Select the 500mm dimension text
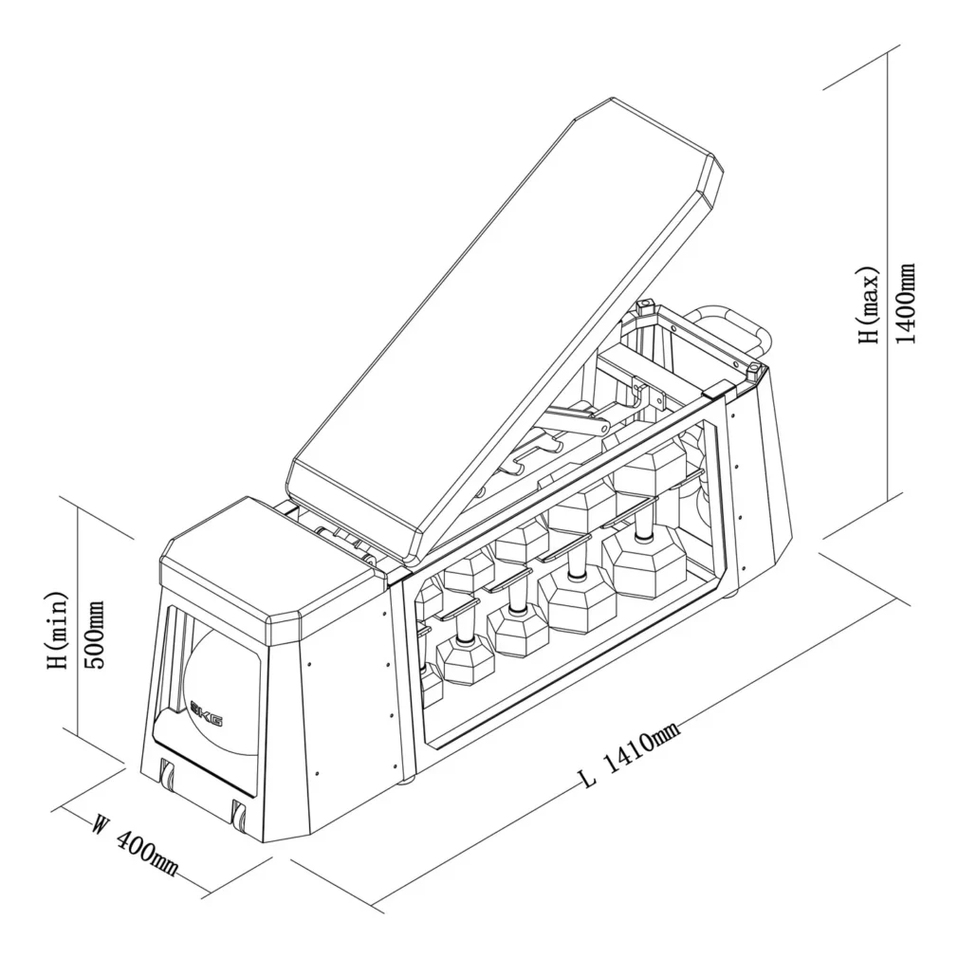(x=95, y=635)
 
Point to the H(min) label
(x=58, y=630)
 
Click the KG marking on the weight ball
(x=208, y=714)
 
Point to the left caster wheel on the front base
(x=167, y=774)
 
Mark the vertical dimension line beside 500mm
(x=78, y=622)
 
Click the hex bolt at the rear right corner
(x=756, y=370)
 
